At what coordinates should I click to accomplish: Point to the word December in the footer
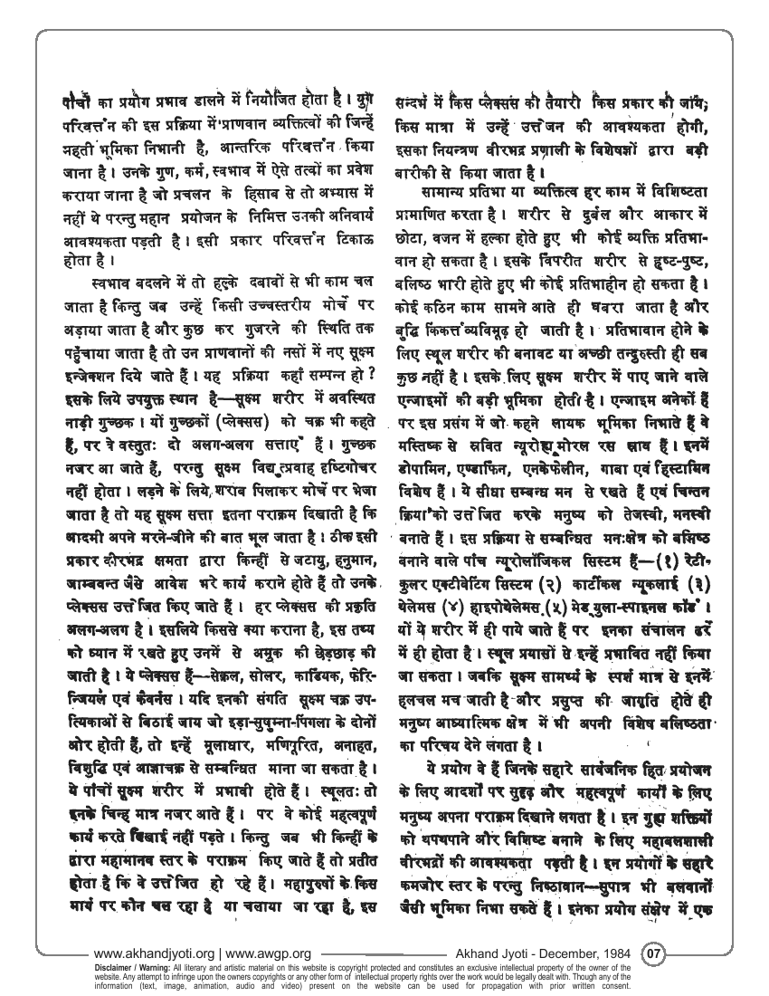point(570,953)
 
